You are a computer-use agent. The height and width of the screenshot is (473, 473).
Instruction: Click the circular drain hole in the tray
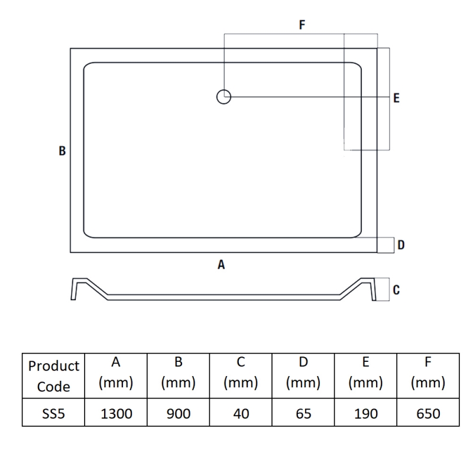click(223, 96)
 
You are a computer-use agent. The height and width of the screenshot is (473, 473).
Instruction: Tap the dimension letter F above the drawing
click(302, 25)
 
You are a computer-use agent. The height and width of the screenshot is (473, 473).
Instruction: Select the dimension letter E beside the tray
click(396, 98)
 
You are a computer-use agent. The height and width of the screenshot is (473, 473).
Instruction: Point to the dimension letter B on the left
click(62, 151)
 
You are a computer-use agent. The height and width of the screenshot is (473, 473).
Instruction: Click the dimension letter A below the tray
click(221, 265)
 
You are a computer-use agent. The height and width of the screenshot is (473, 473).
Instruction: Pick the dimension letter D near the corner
click(401, 245)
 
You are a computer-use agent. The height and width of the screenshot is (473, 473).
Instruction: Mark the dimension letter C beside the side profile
click(396, 290)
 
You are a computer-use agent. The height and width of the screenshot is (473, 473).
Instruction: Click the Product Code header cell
click(53, 375)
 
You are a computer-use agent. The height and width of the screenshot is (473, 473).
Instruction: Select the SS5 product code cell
click(53, 413)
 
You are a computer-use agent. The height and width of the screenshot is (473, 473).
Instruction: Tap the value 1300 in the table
click(116, 413)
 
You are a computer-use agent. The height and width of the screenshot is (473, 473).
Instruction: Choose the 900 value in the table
click(179, 413)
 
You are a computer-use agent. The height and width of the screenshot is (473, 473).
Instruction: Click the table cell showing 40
click(241, 413)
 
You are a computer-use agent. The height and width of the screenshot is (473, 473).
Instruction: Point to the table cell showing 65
click(303, 413)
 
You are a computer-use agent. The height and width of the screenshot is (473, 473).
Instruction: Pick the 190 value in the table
click(365, 413)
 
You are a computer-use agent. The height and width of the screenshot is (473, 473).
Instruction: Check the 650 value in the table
click(428, 413)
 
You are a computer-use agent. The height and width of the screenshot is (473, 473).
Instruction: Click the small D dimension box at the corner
click(386, 245)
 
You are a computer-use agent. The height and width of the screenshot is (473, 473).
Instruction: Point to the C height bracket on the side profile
click(383, 289)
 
